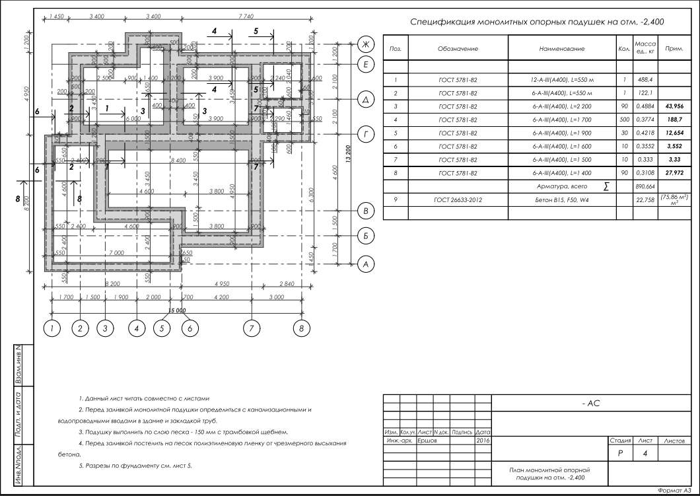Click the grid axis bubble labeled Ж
(365, 44)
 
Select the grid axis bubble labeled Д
(365, 100)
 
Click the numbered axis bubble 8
(301, 326)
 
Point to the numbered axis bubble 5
(162, 326)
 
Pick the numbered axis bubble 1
(52, 326)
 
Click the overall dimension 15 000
(177, 310)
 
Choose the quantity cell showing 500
(623, 120)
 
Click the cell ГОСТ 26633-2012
(457, 199)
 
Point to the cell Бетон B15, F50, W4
(562, 199)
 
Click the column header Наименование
(562, 49)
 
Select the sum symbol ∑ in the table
(606, 187)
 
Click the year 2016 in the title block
(483, 439)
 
